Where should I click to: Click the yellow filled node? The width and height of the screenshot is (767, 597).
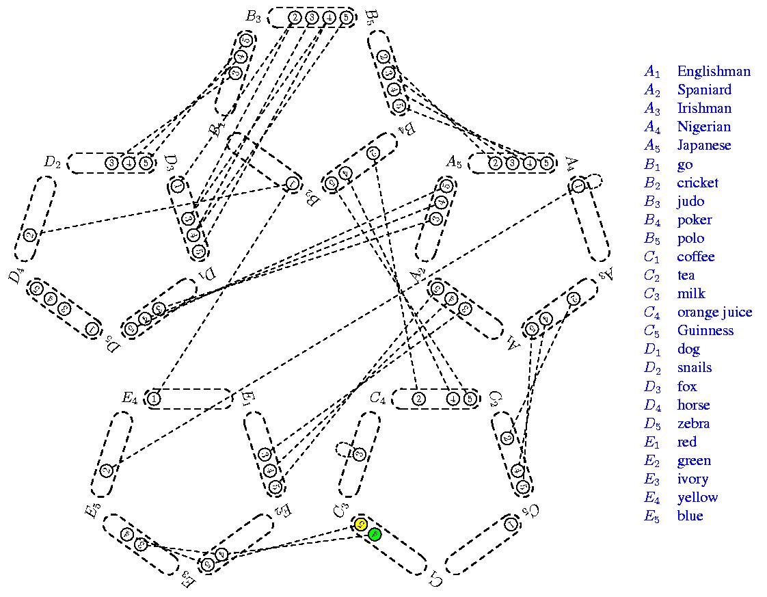(x=362, y=525)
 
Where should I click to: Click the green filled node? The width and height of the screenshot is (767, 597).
(x=374, y=535)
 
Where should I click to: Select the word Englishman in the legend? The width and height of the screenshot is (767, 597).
(x=713, y=71)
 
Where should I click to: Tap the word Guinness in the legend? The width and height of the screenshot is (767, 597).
(x=705, y=330)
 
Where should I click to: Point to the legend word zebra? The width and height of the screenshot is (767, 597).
(x=693, y=423)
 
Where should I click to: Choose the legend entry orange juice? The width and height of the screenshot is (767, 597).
(x=714, y=312)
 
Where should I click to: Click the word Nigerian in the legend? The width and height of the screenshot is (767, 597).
(x=703, y=127)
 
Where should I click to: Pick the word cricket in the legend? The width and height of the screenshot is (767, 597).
(x=697, y=183)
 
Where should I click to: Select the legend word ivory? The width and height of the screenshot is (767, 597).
(x=692, y=479)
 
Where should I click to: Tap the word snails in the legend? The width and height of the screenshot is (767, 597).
(x=694, y=367)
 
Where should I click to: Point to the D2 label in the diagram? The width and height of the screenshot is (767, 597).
(x=53, y=163)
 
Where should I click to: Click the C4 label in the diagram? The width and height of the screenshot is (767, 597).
(x=378, y=398)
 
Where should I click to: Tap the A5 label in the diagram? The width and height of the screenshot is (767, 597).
(x=454, y=163)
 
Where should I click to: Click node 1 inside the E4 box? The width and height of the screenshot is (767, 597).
(x=154, y=399)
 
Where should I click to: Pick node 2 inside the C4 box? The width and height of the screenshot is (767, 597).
(x=419, y=399)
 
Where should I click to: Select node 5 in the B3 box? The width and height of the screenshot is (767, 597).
(x=346, y=17)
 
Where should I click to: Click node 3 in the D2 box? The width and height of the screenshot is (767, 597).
(x=111, y=163)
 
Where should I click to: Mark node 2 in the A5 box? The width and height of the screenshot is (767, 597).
(x=495, y=163)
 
